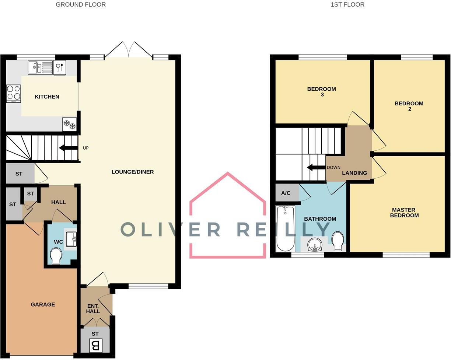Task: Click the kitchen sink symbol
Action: pos(40,67)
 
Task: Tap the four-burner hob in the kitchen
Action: pos(14,94)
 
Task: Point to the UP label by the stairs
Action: pos(85,148)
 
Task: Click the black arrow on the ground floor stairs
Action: pos(68,148)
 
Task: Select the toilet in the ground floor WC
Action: pos(56,255)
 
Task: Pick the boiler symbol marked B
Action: pos(95,346)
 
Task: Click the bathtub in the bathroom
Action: pos(285,228)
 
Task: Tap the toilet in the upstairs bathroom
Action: pos(338,241)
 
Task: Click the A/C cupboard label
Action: pos(286,193)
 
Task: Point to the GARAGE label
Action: pos(43,304)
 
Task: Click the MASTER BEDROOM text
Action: pos(404,213)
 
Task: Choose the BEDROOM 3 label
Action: pos(322,91)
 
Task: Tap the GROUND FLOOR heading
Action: pos(81,5)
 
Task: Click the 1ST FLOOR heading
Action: pos(347,5)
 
